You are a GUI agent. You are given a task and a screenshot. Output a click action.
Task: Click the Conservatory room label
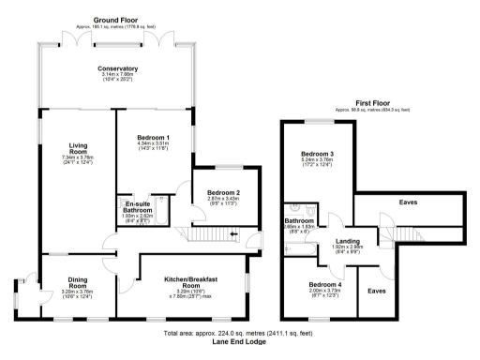[x=117, y=68]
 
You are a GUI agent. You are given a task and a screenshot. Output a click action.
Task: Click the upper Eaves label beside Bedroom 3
[x=407, y=200]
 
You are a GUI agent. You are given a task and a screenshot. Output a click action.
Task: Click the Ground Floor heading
[x=116, y=18]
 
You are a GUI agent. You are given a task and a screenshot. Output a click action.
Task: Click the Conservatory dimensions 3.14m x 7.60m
[x=117, y=75]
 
